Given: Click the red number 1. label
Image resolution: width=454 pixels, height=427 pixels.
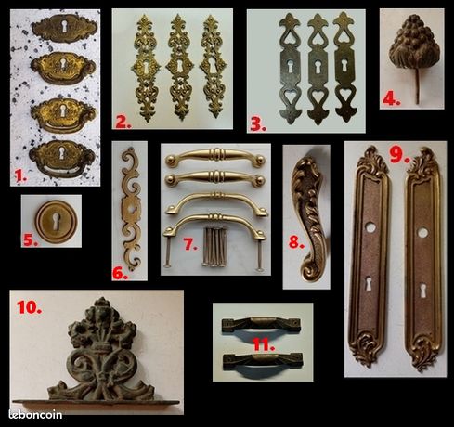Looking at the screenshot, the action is [20, 176].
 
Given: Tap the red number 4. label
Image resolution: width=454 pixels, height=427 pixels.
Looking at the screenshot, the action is [391, 99].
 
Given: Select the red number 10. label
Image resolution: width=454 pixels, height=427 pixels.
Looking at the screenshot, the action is [29, 307].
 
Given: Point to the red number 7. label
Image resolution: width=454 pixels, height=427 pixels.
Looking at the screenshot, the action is [190, 245].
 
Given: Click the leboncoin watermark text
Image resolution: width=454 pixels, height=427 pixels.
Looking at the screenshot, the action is [35, 414].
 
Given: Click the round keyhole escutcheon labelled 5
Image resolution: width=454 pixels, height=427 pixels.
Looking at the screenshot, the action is [56, 221].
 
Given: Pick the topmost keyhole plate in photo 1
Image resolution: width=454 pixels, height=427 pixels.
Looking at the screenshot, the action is [64, 28].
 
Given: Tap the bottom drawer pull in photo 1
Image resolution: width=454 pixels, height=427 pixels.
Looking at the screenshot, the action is [62, 158].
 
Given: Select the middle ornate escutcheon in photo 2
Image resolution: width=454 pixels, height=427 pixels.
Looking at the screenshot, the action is [179, 67].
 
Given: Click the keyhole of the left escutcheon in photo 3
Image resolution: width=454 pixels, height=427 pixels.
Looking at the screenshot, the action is [291, 65].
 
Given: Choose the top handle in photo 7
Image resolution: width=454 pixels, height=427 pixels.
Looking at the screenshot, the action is [214, 156].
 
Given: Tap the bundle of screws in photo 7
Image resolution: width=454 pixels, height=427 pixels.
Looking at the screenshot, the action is [214, 247].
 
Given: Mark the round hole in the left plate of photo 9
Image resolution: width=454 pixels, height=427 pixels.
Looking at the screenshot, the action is [371, 227].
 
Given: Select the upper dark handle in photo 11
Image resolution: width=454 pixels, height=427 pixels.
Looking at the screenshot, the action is [261, 326].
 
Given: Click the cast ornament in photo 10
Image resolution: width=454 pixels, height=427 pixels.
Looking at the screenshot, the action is [101, 353].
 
